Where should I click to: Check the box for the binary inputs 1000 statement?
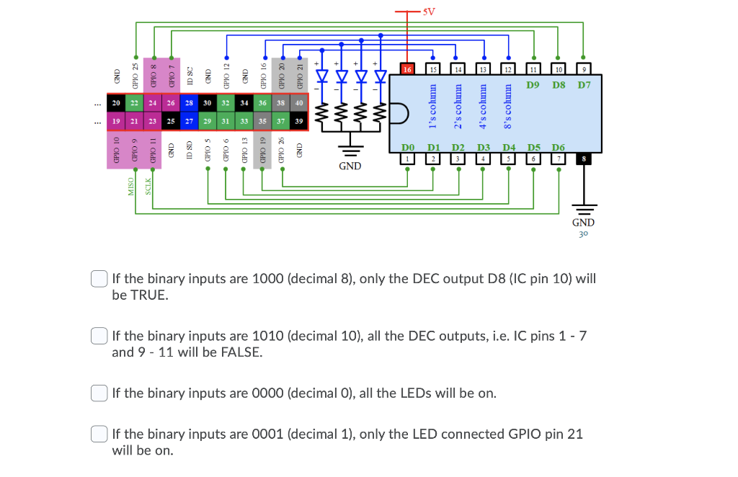(x=99, y=279)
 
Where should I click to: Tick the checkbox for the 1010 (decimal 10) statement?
(x=99, y=336)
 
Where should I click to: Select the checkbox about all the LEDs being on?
(x=99, y=393)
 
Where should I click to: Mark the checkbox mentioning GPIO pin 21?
(x=99, y=434)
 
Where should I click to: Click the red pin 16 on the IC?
(x=407, y=69)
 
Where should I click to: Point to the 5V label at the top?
(x=429, y=12)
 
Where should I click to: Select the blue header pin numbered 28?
(x=188, y=103)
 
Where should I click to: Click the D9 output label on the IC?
(x=534, y=86)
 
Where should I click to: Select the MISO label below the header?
(x=131, y=186)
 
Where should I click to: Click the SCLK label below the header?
(x=148, y=186)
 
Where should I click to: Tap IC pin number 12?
(x=508, y=69)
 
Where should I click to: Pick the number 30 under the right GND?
(x=583, y=233)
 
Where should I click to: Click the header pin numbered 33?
(x=244, y=121)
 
